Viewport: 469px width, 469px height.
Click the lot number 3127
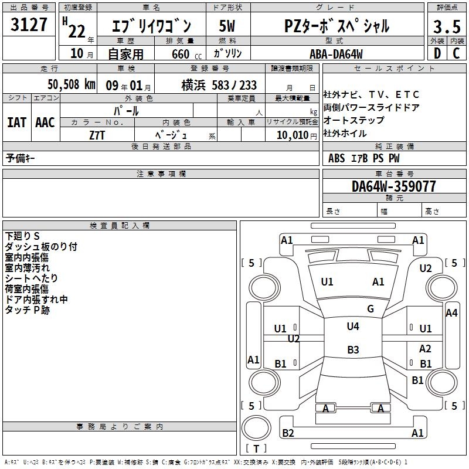(29, 26)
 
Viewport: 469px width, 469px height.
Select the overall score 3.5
(446, 27)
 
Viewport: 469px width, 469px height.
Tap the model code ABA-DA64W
(336, 54)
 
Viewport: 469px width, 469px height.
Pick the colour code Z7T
(97, 134)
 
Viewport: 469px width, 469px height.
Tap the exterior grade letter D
(437, 54)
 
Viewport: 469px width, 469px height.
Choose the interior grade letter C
(456, 54)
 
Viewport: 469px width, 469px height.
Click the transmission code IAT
(16, 123)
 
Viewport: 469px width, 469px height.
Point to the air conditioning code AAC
(45, 123)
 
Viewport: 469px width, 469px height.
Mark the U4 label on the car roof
(353, 327)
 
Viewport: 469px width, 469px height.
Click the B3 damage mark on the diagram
(353, 350)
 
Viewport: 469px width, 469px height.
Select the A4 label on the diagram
(451, 313)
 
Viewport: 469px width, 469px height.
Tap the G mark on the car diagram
(371, 309)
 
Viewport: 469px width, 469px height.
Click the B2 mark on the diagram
(288, 433)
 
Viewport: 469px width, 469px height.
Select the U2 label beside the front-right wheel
(426, 269)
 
